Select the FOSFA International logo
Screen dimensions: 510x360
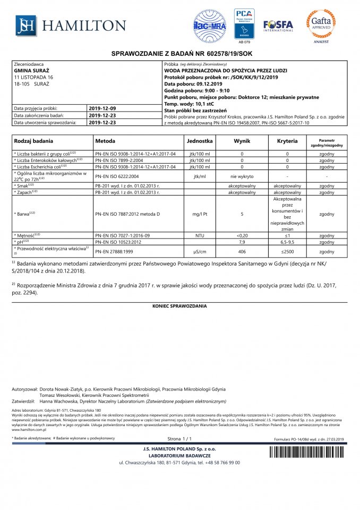pyautogui.click(x=278, y=25)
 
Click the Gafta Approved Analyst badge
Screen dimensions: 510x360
pyautogui.click(x=320, y=24)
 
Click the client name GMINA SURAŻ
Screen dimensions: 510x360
pyautogui.click(x=31, y=70)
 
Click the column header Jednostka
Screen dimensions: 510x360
pyautogui.click(x=200, y=142)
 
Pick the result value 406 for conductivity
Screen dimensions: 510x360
pyautogui.click(x=242, y=251)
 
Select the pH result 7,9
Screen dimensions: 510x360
pyautogui.click(x=242, y=242)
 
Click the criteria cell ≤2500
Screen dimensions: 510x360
pyautogui.click(x=287, y=251)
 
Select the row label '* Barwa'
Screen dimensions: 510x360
pyautogui.click(x=24, y=214)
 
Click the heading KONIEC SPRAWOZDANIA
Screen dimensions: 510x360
pyautogui.click(x=179, y=307)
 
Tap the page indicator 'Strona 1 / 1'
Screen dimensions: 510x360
pyautogui.click(x=179, y=439)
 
